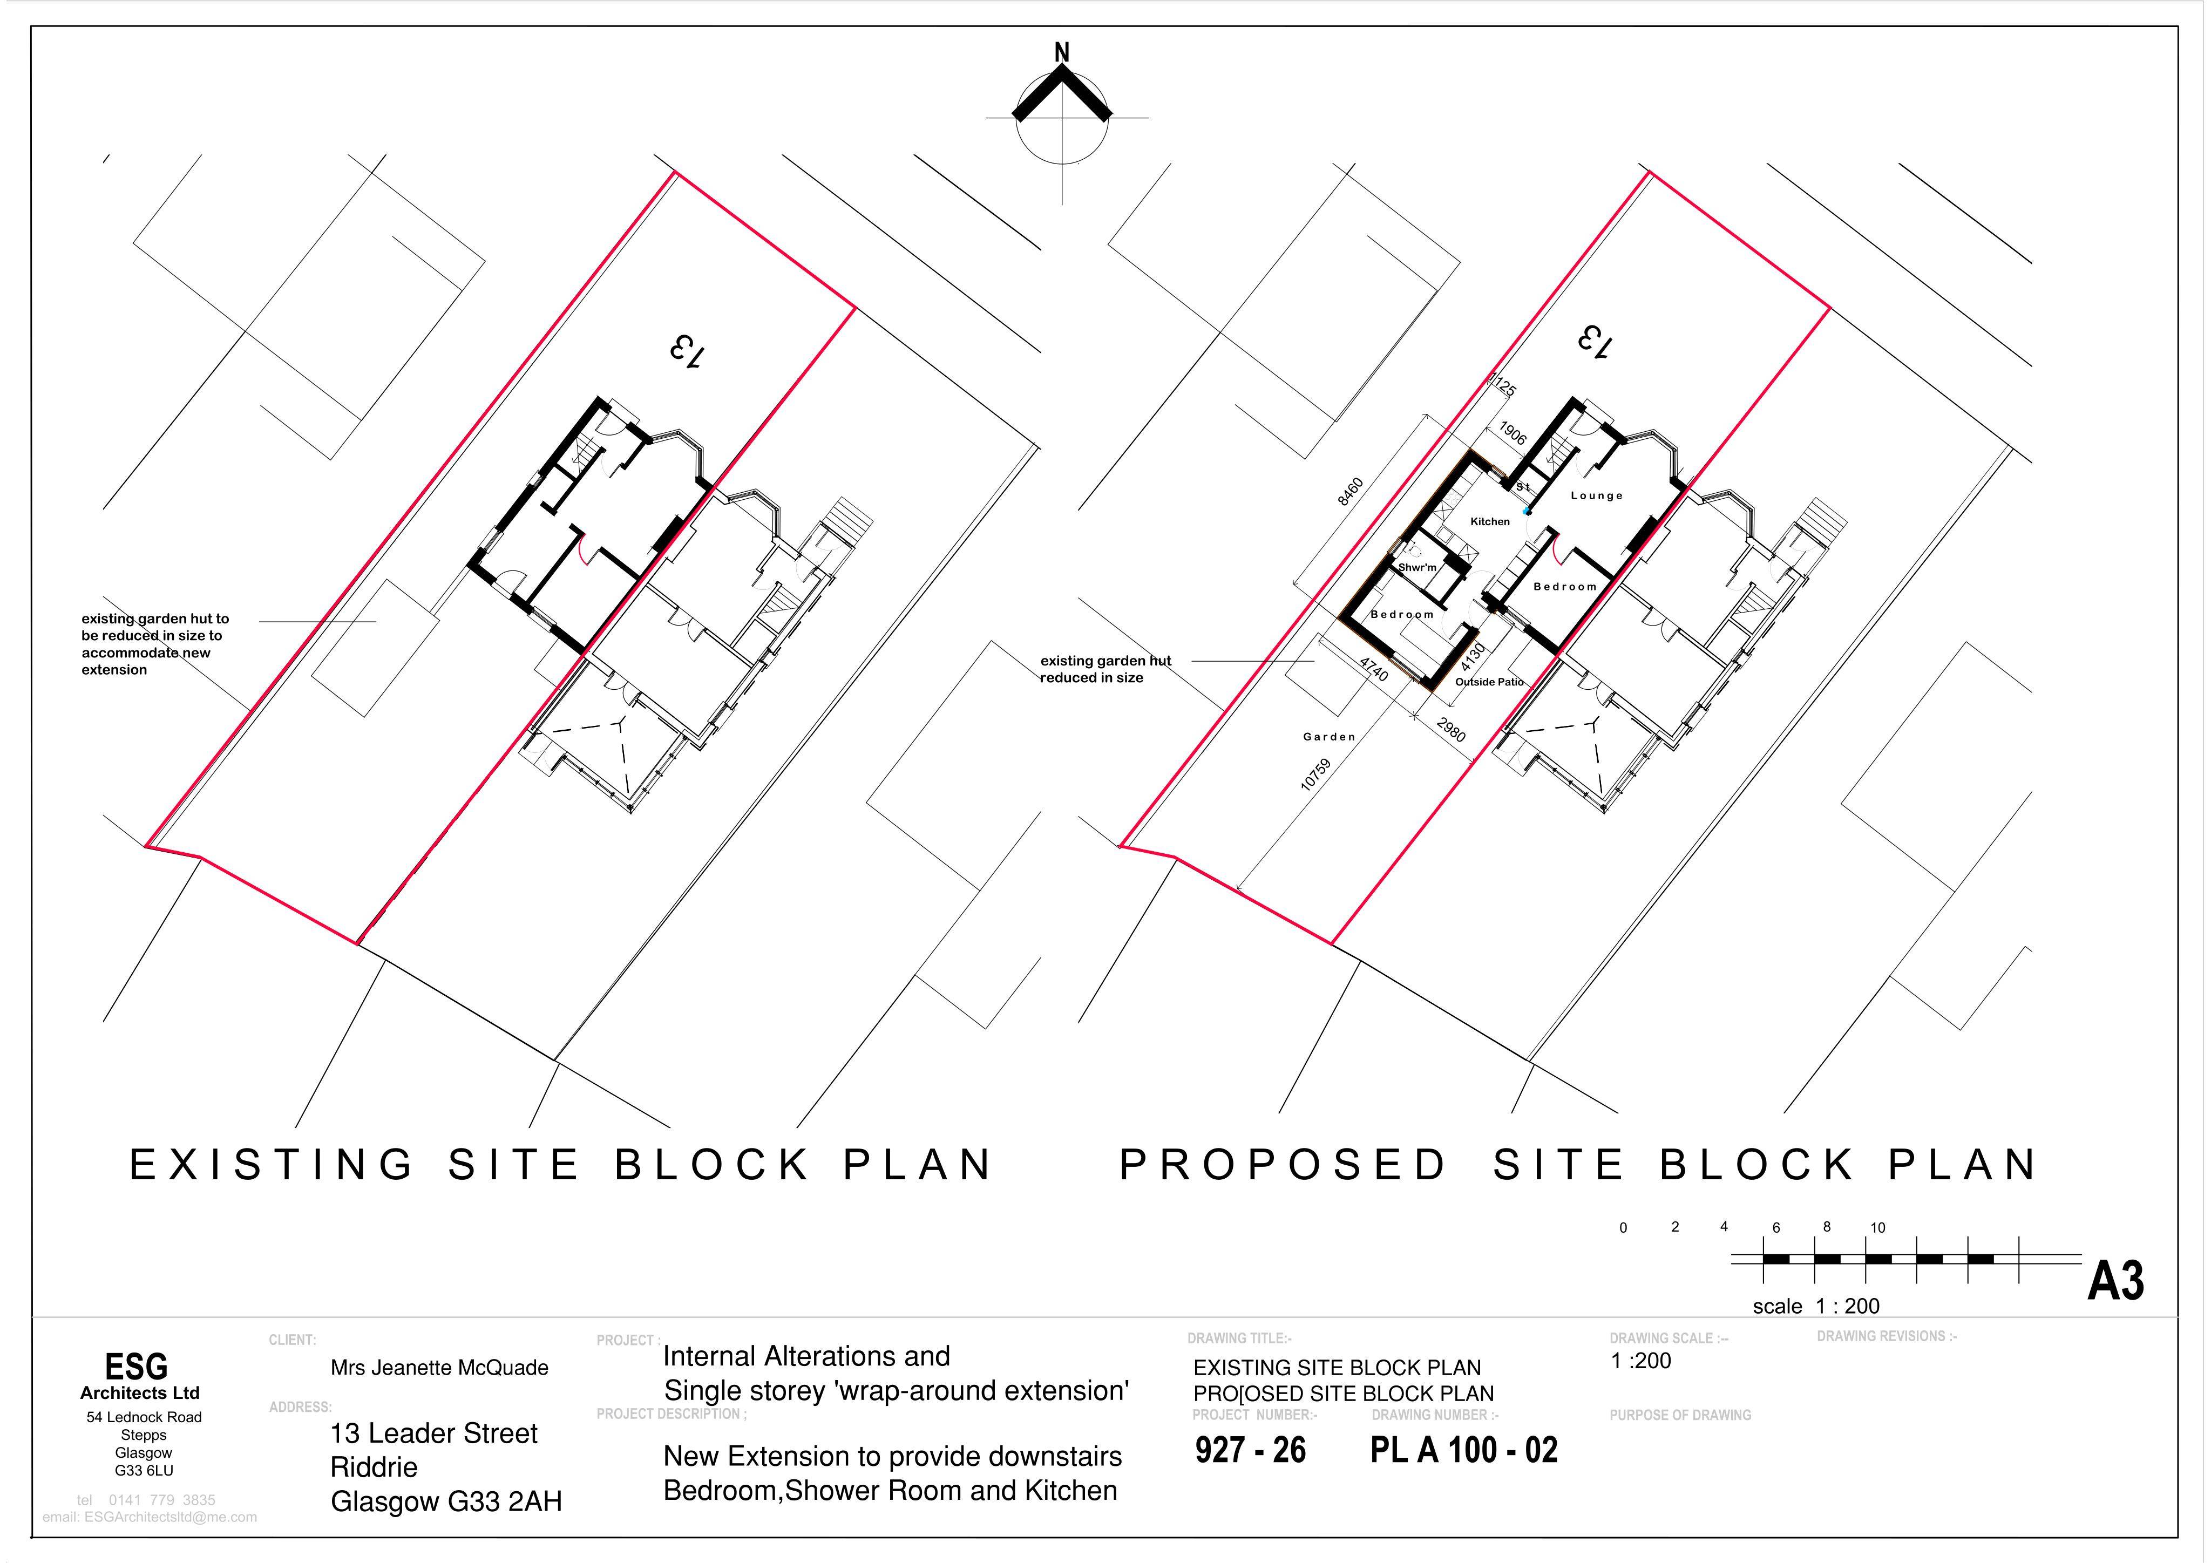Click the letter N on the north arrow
click(1062, 53)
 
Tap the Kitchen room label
click(1490, 521)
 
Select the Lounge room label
click(1597, 495)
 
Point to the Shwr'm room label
click(1418, 567)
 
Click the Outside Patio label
click(1489, 682)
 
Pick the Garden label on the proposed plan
click(1329, 737)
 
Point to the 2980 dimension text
click(1450, 730)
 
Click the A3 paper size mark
click(2115, 1282)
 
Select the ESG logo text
click(136, 1367)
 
